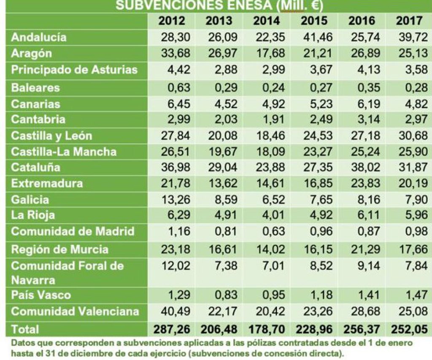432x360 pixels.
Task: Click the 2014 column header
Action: click(x=267, y=20)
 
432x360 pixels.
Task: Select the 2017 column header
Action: click(x=410, y=20)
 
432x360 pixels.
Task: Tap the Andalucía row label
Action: click(x=39, y=37)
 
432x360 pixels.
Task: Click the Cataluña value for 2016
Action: click(x=362, y=167)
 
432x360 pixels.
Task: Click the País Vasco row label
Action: click(x=41, y=294)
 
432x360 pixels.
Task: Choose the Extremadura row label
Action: click(x=47, y=183)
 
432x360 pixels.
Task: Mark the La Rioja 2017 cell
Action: click(x=410, y=215)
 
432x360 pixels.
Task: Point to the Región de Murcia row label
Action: click(x=59, y=249)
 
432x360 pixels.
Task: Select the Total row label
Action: click(x=25, y=328)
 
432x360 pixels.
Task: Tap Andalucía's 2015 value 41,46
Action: click(x=314, y=37)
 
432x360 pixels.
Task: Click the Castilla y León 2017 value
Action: click(x=410, y=136)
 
